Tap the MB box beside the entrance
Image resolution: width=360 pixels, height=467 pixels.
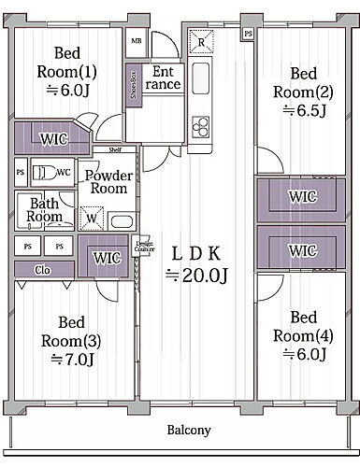pyautogui.click(x=137, y=41)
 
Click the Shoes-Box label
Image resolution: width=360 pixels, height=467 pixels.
pyautogui.click(x=135, y=82)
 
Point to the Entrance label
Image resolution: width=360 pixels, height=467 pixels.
pyautogui.click(x=164, y=78)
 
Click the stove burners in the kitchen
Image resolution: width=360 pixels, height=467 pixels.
pyautogui.click(x=200, y=124)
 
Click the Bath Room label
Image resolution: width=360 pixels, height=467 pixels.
pyautogui.click(x=45, y=210)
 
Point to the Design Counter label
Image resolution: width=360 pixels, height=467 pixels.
pyautogui.click(x=144, y=247)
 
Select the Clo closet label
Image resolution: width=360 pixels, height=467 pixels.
pyautogui.click(x=43, y=270)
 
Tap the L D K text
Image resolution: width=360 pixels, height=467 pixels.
pyautogui.click(x=194, y=252)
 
